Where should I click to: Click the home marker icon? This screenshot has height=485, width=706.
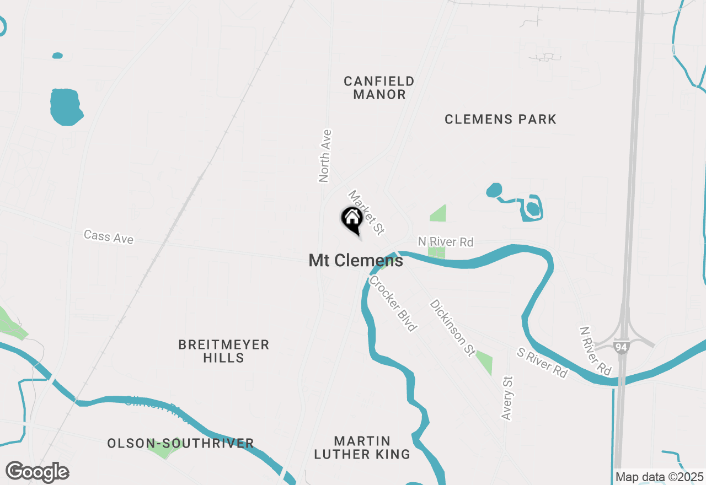click(x=352, y=218)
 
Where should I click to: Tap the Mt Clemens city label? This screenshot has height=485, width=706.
click(x=356, y=260)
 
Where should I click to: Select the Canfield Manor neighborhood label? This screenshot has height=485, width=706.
click(x=379, y=88)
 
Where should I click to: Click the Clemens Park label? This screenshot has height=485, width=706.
click(x=500, y=119)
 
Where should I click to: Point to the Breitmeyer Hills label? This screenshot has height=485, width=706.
click(x=223, y=351)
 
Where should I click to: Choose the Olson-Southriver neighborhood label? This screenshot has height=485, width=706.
click(x=180, y=443)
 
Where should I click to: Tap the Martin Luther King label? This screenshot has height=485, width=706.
click(x=362, y=448)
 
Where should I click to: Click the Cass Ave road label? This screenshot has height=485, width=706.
click(x=109, y=237)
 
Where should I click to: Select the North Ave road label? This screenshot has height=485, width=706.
click(x=325, y=155)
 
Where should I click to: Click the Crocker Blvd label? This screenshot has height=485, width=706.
click(x=393, y=303)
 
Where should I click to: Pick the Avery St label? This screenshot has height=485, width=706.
click(x=507, y=398)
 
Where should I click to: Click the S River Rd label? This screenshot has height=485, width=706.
click(x=542, y=362)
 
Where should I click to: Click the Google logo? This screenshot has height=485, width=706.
click(x=38, y=472)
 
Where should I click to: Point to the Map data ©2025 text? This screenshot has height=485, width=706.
click(x=659, y=477)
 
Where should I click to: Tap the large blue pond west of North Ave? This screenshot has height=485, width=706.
click(x=66, y=106)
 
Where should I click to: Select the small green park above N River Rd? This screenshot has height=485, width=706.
click(x=438, y=213)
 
